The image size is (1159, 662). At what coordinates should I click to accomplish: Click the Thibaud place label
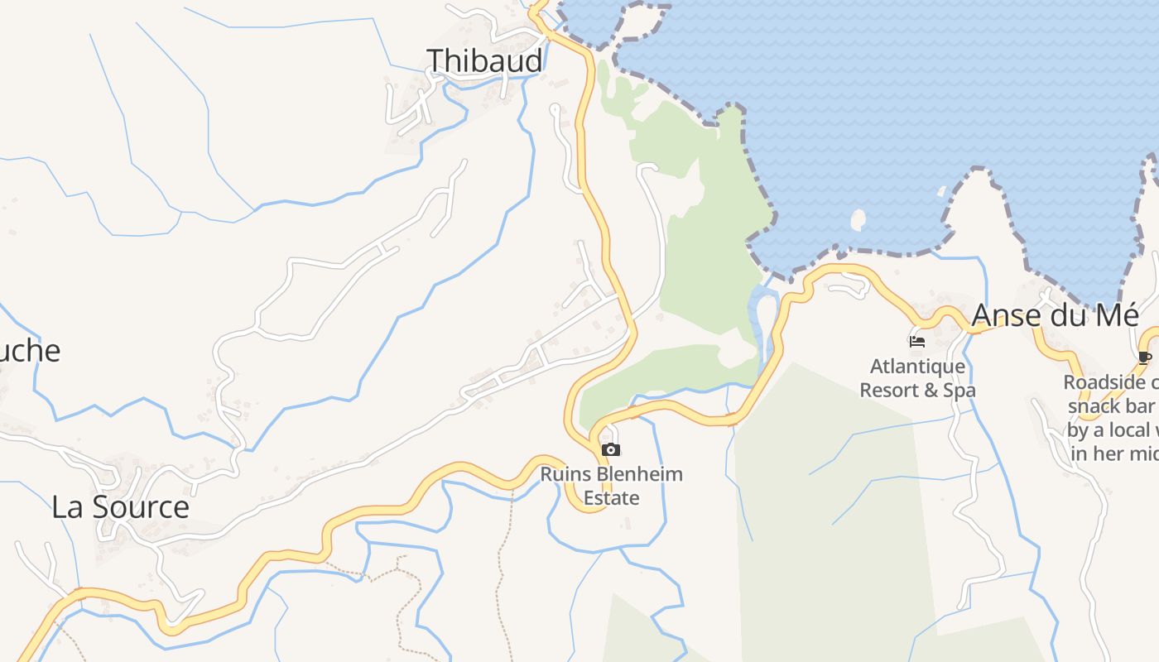pos(484,60)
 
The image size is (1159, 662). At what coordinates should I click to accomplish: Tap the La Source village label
pos(120,506)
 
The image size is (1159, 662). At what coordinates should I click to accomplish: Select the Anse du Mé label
pos(1055,315)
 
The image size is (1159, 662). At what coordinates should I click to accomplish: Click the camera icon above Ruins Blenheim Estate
pos(611,449)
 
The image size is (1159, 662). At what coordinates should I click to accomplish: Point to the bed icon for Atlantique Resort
pos(916,341)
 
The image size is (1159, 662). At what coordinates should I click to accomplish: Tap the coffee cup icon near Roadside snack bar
pos(1145,357)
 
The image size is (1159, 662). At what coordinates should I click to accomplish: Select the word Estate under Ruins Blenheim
pos(612,497)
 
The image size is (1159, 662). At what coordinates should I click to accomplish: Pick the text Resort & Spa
pos(917,389)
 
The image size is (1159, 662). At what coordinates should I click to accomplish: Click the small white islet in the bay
pos(858,220)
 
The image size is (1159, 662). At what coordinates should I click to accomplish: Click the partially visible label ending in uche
pos(30,350)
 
